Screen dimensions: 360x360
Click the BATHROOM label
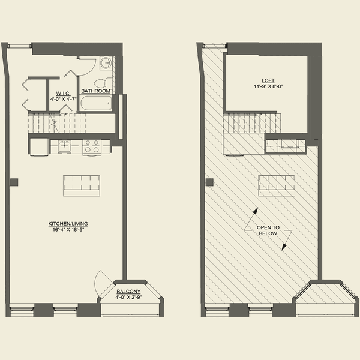click(x=96, y=91)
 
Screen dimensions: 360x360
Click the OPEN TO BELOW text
click(x=267, y=230)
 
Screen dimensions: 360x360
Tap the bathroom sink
click(x=106, y=62)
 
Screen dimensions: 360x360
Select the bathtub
click(x=96, y=103)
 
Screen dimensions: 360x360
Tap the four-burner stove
click(x=91, y=146)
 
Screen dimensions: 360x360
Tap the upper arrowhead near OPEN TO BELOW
click(x=256, y=212)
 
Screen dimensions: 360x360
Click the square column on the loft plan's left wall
click(x=209, y=182)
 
